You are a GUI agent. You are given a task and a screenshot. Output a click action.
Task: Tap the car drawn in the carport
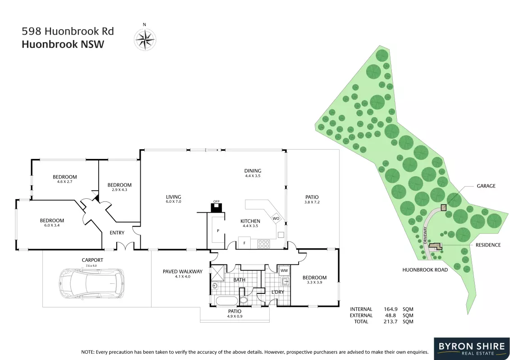92,283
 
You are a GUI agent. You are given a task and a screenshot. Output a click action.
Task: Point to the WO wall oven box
276,219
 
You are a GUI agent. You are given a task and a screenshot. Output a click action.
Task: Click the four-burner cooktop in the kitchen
263,244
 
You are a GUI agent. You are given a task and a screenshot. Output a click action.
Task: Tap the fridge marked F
244,243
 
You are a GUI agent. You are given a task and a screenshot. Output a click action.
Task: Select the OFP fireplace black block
216,208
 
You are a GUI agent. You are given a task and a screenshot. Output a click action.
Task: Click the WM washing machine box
284,270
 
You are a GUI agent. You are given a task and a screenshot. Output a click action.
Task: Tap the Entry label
117,232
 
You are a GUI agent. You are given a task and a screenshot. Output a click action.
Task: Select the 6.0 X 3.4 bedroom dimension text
52,225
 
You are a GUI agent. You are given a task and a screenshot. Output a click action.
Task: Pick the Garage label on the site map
486,186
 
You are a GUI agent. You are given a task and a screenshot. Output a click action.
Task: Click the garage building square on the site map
444,207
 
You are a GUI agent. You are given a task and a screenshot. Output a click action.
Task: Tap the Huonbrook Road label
425,270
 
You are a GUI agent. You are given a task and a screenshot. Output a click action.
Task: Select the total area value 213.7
391,322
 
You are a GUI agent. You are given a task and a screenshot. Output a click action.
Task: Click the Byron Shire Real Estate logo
472,349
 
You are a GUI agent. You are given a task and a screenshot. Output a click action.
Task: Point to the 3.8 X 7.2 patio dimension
312,202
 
